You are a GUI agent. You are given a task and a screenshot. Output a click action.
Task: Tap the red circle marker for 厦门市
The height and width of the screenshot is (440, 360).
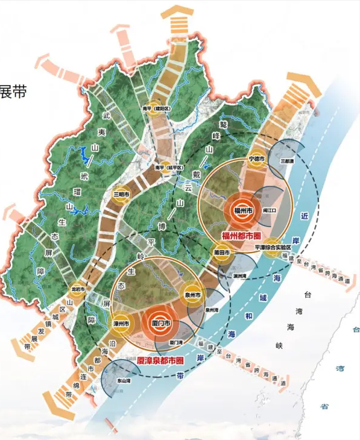click(x=159, y=324)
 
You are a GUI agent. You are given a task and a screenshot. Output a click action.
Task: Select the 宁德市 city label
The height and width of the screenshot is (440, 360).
click(x=257, y=159)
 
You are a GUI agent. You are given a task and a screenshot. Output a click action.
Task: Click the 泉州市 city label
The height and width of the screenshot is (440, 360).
click(x=193, y=294)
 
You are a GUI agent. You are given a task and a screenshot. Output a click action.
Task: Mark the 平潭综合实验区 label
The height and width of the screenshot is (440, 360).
click(x=273, y=247)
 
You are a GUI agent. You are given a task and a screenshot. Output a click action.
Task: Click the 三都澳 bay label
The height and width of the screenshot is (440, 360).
click(x=288, y=162)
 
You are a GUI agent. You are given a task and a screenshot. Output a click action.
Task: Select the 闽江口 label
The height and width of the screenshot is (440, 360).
click(x=270, y=210)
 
